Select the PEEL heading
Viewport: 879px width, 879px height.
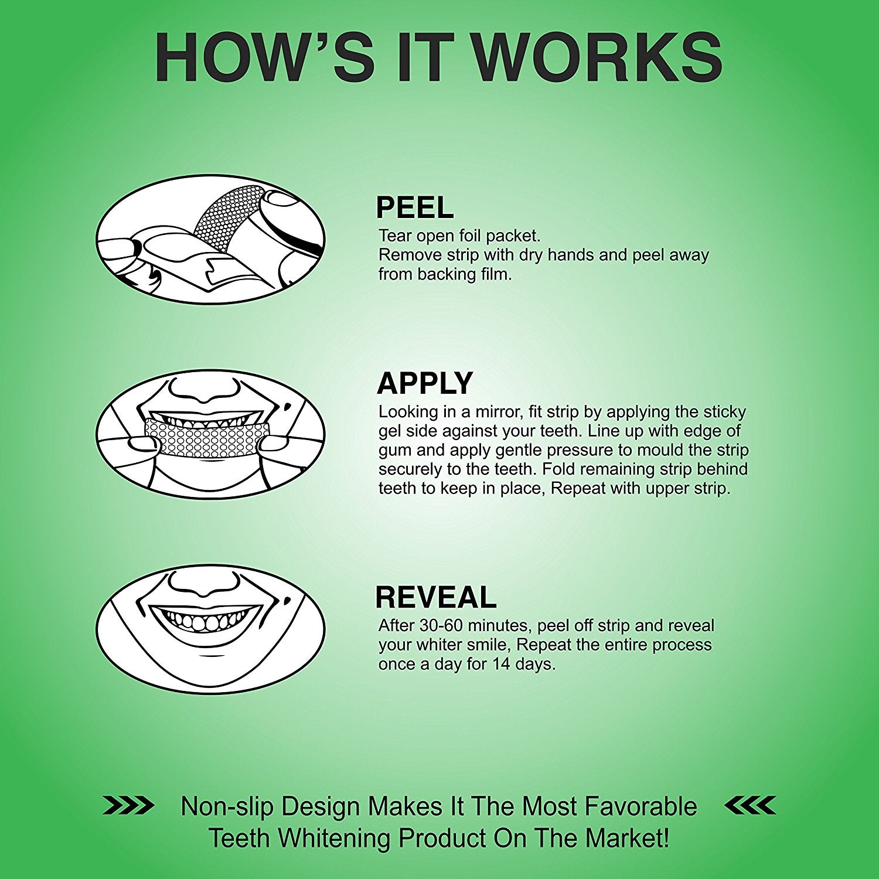(415, 207)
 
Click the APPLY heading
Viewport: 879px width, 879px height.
(425, 384)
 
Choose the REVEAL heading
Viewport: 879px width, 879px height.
(436, 598)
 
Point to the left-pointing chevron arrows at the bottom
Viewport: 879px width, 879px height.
(751, 805)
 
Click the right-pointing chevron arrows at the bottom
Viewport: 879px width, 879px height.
(128, 805)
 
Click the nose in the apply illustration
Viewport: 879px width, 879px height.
(205, 389)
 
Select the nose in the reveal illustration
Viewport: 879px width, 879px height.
(205, 584)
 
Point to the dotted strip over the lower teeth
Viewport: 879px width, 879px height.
(207, 438)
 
